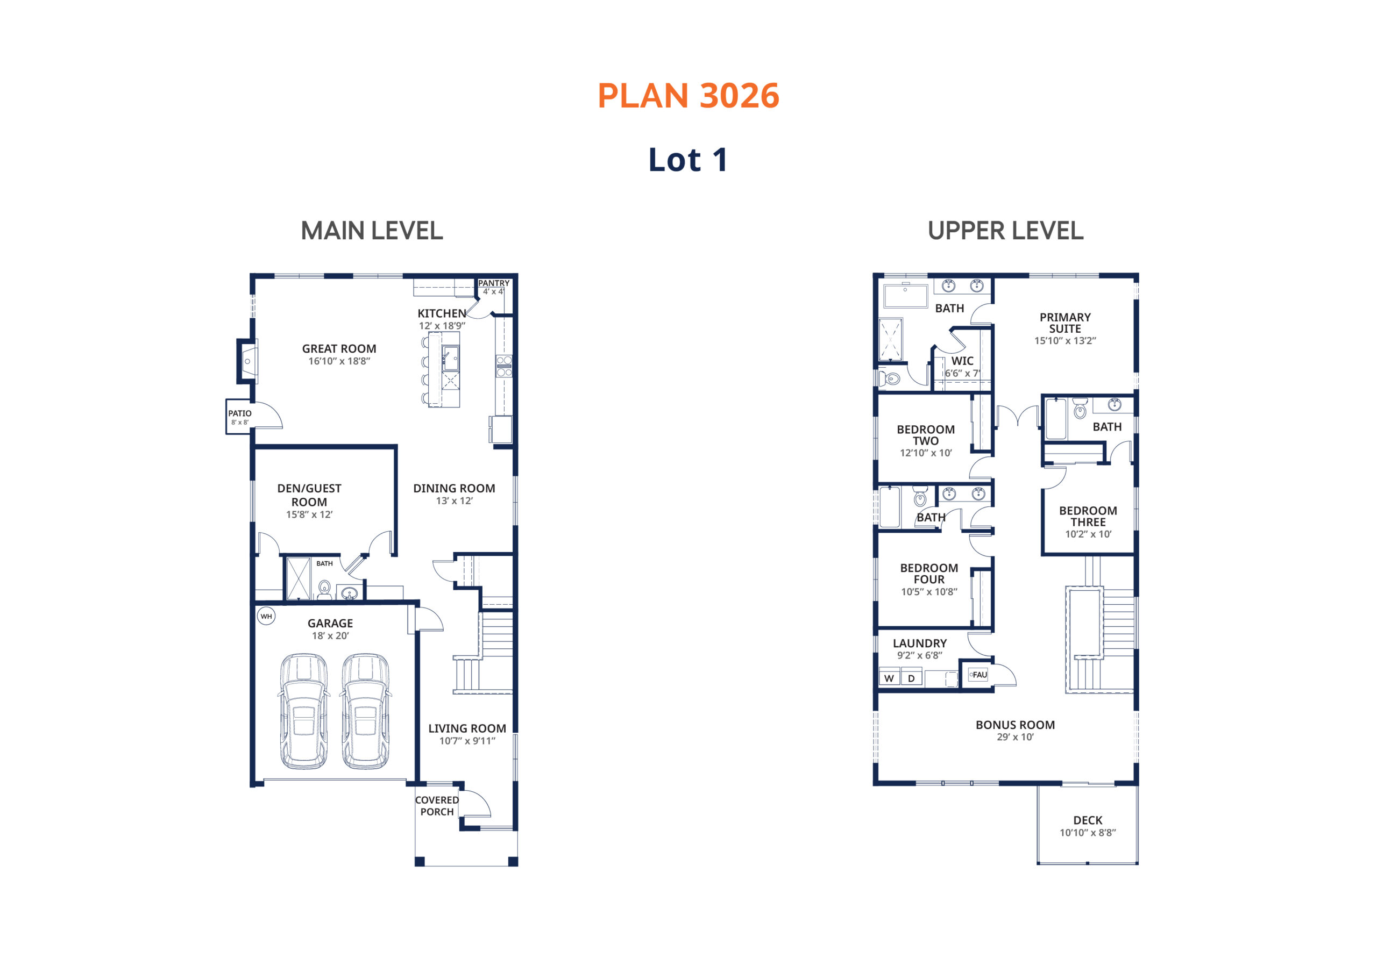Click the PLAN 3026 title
[688, 96]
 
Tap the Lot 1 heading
[688, 160]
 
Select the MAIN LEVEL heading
[372, 231]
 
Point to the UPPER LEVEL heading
[1006, 231]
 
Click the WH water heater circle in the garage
[266, 616]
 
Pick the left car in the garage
[304, 711]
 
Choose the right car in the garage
[366, 711]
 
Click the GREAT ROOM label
[339, 348]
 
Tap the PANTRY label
[494, 283]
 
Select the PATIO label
[240, 413]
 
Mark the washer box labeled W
[890, 678]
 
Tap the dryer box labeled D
[912, 678]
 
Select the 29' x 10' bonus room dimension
[1016, 737]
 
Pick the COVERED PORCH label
[437, 806]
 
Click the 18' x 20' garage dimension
[330, 635]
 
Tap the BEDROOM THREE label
[1088, 516]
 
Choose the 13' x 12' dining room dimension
[455, 500]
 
